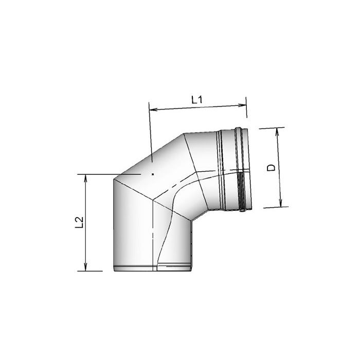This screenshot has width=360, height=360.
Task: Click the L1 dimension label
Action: click(197, 100)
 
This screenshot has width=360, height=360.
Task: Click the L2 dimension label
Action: click(79, 223)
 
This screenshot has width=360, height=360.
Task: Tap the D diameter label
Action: click(271, 168)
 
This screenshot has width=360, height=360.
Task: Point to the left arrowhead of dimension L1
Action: click(153, 109)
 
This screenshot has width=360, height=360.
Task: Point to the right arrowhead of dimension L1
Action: click(242, 105)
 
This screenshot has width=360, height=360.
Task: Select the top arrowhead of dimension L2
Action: click(86, 178)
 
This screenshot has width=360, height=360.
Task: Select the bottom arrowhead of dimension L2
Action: click(86, 267)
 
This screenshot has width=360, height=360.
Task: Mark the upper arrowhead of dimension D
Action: click(277, 132)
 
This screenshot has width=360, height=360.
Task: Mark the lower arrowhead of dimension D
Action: click(280, 203)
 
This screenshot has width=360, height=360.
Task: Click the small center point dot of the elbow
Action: click(152, 174)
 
